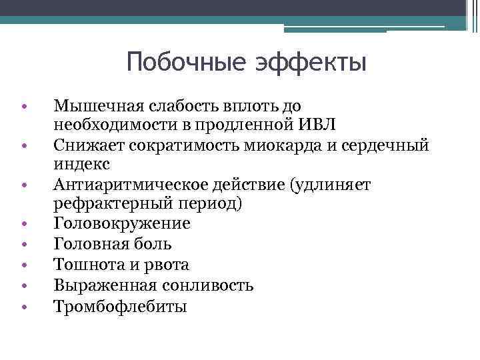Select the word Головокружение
click(x=122, y=224)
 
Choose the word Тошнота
click(x=85, y=265)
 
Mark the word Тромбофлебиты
click(x=120, y=306)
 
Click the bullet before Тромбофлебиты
click(x=23, y=307)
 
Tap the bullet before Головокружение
click(x=23, y=225)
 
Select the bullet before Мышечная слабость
click(x=23, y=106)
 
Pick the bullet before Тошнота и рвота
click(x=23, y=266)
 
